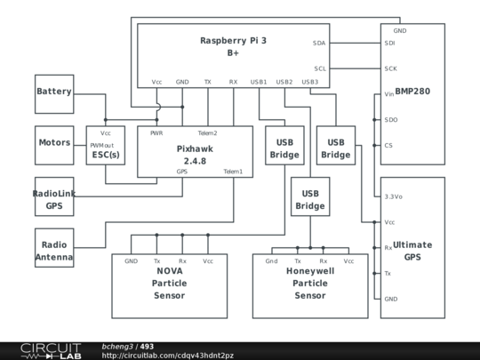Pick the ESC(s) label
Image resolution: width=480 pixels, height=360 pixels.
coord(106,155)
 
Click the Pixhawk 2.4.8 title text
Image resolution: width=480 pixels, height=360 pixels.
coord(195,155)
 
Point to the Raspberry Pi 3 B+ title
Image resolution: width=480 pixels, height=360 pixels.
coord(233,46)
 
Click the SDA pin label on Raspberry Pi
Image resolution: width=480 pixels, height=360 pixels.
coord(319,44)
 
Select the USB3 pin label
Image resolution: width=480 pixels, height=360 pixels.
coord(310,82)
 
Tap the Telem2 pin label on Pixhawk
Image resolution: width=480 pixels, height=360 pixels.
coord(207,133)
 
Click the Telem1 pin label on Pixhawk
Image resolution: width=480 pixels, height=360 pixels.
coord(233,172)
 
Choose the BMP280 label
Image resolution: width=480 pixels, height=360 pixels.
coord(412,92)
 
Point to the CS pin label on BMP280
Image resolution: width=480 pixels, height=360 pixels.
coord(388,146)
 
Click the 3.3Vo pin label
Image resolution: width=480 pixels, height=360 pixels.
coord(394,196)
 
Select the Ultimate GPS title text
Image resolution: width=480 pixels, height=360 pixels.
coord(412,251)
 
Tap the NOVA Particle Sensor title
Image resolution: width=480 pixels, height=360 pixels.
coord(169,284)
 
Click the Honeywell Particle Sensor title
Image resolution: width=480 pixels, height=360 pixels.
coord(310,284)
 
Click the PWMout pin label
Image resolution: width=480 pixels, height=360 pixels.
coord(102,146)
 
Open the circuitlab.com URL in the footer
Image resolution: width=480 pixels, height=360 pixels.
coord(168,356)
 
